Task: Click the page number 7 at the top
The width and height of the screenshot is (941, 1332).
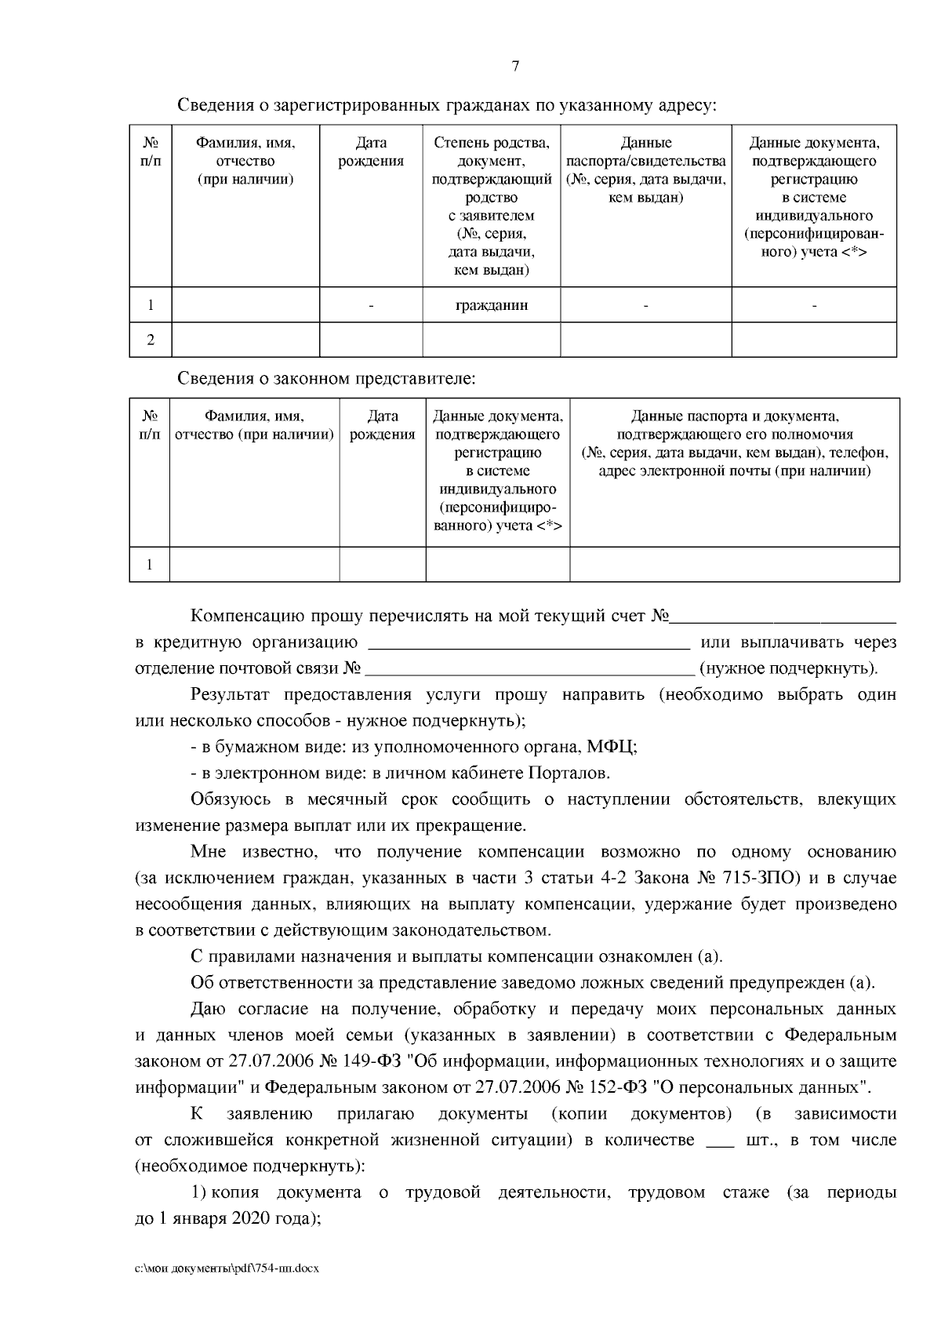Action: (515, 67)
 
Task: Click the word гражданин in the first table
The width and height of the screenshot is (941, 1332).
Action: (492, 305)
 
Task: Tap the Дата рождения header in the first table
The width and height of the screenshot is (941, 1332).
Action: (371, 152)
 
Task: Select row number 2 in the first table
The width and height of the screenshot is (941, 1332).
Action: (151, 340)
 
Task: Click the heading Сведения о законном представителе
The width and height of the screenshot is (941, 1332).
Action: (327, 379)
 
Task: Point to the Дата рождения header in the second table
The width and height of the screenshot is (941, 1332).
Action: (382, 425)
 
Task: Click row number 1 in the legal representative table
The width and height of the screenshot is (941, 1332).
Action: (150, 564)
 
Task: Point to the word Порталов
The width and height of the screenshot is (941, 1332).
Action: (570, 773)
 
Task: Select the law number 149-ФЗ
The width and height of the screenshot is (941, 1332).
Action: (369, 1061)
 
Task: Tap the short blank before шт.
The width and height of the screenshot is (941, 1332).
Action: (719, 1141)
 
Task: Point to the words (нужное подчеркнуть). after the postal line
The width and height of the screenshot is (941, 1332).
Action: (788, 669)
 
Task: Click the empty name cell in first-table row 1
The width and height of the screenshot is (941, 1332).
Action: (245, 305)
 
